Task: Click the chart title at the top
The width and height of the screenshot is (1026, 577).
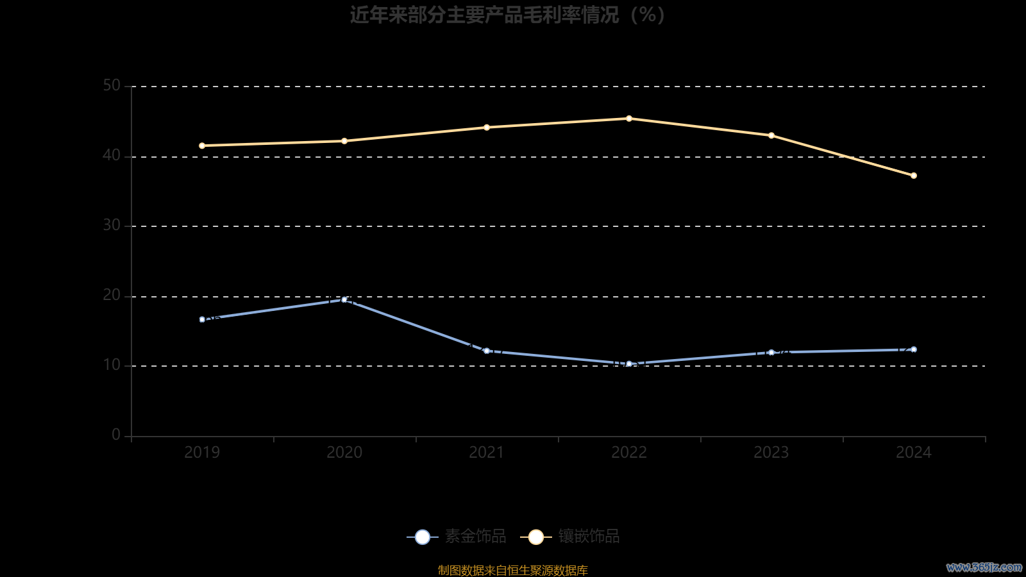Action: pyautogui.click(x=507, y=15)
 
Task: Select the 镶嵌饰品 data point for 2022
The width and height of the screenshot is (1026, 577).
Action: pyautogui.click(x=629, y=119)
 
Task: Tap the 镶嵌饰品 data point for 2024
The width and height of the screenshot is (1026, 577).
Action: pyautogui.click(x=914, y=176)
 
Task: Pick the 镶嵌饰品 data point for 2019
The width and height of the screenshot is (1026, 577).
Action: pyautogui.click(x=202, y=146)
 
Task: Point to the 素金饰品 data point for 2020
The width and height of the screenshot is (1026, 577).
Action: pyautogui.click(x=344, y=299)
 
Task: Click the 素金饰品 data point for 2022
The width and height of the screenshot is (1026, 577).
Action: pyautogui.click(x=629, y=364)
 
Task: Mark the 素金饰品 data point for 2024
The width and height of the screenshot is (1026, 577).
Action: pyautogui.click(x=914, y=349)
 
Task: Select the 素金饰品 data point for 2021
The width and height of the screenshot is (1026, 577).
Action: pyautogui.click(x=487, y=351)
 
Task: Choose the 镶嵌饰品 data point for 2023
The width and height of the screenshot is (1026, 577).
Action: pyautogui.click(x=771, y=135)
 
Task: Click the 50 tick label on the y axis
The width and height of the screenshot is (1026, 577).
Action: pyautogui.click(x=112, y=86)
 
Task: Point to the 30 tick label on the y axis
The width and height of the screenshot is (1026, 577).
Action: pyautogui.click(x=112, y=226)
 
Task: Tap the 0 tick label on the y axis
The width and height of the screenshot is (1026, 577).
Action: pyautogui.click(x=116, y=435)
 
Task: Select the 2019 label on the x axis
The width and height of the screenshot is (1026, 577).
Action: pyautogui.click(x=202, y=453)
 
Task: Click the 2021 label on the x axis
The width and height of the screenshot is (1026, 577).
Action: pyautogui.click(x=487, y=453)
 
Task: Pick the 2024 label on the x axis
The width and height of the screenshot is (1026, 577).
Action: pyautogui.click(x=914, y=453)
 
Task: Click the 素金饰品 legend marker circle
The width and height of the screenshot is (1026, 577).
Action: pyautogui.click(x=423, y=537)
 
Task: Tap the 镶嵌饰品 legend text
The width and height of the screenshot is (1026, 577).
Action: pyautogui.click(x=589, y=537)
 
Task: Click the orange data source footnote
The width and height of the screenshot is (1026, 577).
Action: pyautogui.click(x=513, y=570)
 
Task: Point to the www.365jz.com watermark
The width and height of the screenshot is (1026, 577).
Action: pyautogui.click(x=984, y=567)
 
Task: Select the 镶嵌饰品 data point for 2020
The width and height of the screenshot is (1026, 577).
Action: pyautogui.click(x=344, y=141)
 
